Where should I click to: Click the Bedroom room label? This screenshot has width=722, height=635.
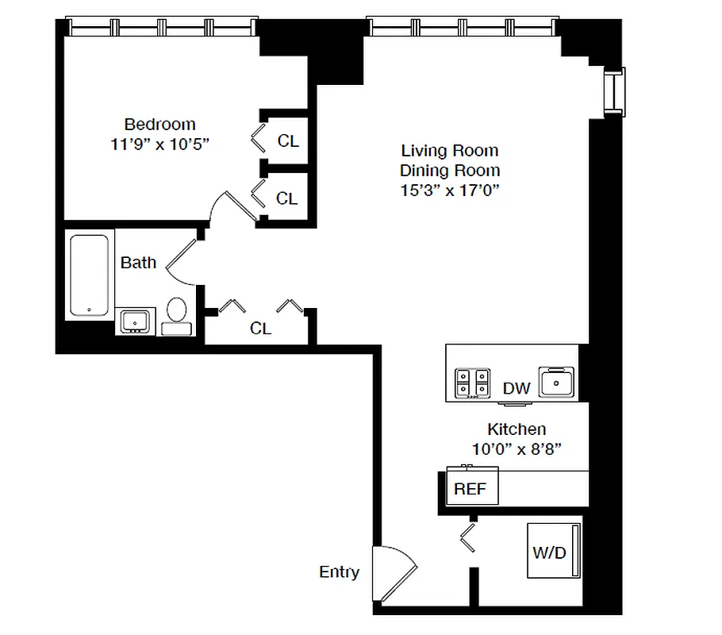pos(159,125)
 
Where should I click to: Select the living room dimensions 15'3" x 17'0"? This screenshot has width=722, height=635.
pos(450,190)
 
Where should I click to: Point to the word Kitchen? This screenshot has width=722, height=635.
pos(516,429)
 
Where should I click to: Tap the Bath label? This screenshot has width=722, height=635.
pos(138,263)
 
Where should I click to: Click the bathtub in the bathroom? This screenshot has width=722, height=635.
pos(89,275)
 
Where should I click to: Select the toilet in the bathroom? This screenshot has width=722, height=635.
pos(177,316)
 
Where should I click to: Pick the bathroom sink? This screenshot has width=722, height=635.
pos(134,321)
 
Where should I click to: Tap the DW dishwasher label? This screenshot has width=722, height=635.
pos(517,388)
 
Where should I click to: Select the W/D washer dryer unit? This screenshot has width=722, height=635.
pos(553,551)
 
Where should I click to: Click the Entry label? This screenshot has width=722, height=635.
pos(339,571)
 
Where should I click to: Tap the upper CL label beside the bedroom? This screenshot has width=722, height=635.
pos(288,141)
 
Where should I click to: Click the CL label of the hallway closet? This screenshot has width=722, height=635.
pos(260,328)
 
